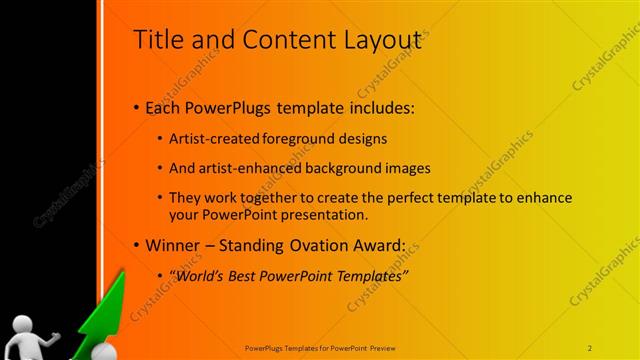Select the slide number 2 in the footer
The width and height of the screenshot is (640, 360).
pyautogui.click(x=590, y=347)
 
